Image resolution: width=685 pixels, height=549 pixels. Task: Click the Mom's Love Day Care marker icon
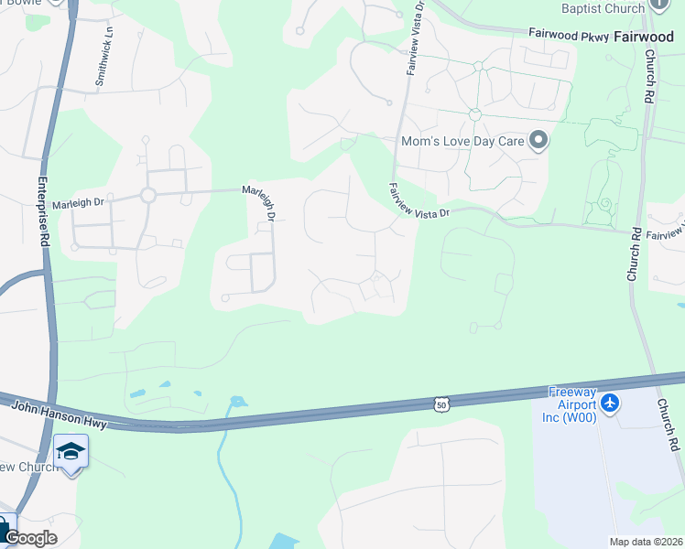point(538,141)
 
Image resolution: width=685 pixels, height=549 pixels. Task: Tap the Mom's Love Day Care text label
point(463,142)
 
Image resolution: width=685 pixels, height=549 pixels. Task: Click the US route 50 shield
point(442,404)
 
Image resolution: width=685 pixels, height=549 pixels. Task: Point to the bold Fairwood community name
point(643,37)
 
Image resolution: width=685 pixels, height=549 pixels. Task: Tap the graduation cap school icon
point(71,451)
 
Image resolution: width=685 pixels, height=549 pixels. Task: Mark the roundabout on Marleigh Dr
point(147,195)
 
